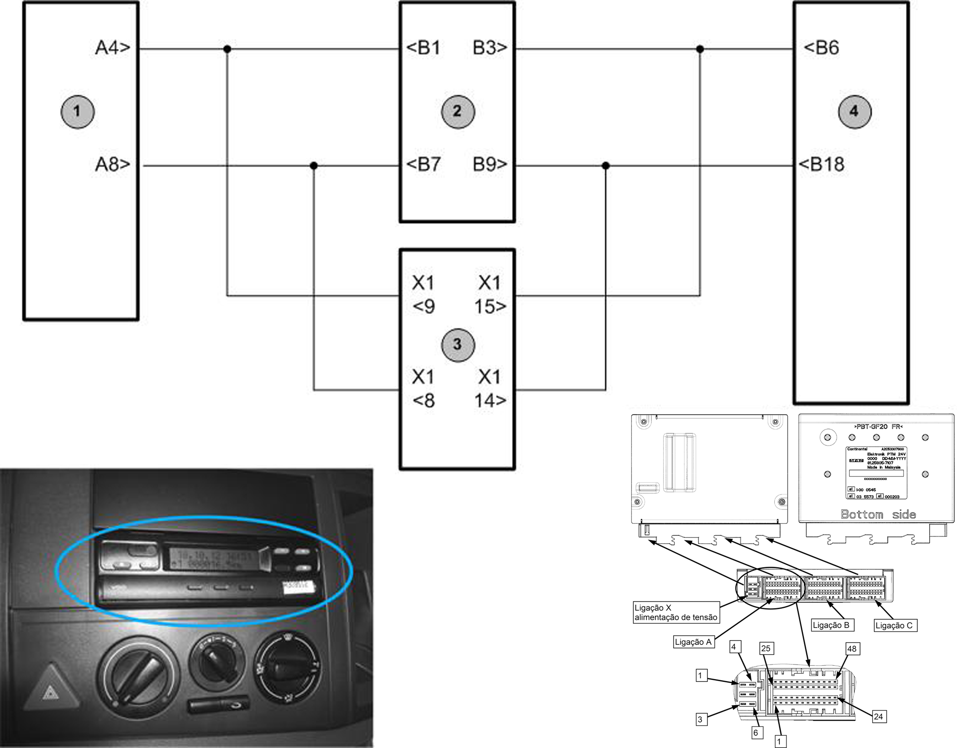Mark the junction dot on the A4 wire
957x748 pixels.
[227, 49]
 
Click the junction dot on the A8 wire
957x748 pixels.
[314, 166]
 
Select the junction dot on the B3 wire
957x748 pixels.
[700, 49]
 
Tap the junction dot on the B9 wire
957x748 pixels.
[606, 166]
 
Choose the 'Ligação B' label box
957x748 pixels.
[831, 625]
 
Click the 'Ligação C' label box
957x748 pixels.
[893, 625]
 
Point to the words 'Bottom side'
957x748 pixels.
[878, 514]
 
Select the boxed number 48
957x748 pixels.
[851, 648]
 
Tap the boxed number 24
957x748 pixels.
[878, 716]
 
